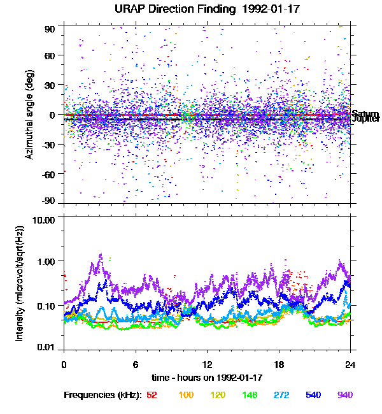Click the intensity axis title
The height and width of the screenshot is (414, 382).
point(20,283)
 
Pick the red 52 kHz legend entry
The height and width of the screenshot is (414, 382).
point(152,396)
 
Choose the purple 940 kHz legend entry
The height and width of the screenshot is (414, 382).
point(344,396)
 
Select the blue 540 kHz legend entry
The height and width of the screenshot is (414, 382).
point(313,396)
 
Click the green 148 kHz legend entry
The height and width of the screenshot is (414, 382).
point(250,396)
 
